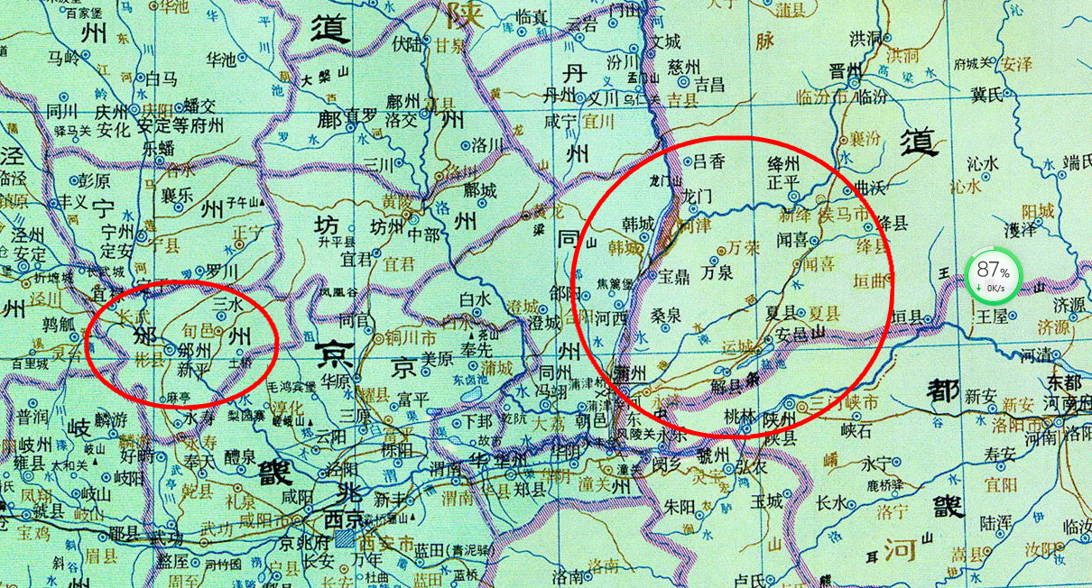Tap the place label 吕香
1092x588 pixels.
(x=708, y=161)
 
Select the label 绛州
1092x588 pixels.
(x=782, y=163)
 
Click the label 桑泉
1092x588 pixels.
(x=665, y=316)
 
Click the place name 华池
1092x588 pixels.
(x=222, y=61)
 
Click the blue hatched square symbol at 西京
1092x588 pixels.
(x=345, y=540)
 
